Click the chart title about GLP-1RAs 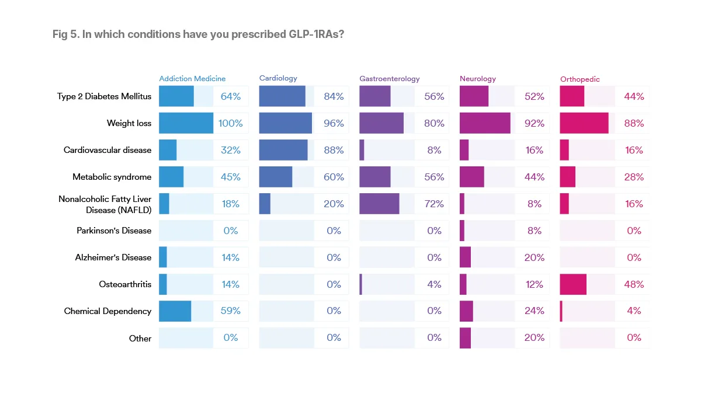198,34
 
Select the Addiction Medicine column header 192,79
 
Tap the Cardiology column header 278,78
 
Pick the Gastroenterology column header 390,79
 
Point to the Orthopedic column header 579,79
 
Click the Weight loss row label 129,123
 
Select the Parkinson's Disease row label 114,231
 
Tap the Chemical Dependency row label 107,311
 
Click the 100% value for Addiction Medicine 231,123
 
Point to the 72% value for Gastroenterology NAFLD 434,204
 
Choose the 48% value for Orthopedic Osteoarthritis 634,284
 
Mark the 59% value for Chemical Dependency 231,311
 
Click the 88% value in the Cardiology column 334,150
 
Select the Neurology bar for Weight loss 485,123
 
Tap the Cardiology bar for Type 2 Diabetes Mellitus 282,96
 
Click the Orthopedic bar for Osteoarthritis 573,284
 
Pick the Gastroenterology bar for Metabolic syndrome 375,177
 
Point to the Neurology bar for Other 465,338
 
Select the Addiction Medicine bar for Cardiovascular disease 168,150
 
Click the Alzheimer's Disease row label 113,257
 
